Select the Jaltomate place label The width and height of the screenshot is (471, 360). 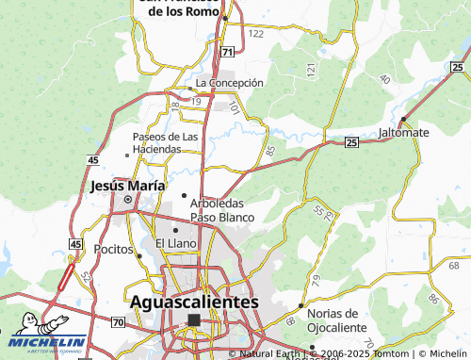click(404, 132)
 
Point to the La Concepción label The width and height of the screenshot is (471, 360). click(229, 83)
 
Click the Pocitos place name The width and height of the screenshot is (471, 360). click(114, 250)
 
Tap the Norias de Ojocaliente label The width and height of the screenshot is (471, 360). click(336, 319)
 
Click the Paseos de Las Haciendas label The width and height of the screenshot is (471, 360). click(165, 142)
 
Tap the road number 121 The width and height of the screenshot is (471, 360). click(311, 70)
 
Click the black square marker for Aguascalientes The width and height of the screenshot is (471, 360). click(194, 320)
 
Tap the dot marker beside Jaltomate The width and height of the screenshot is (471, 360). click(403, 119)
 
